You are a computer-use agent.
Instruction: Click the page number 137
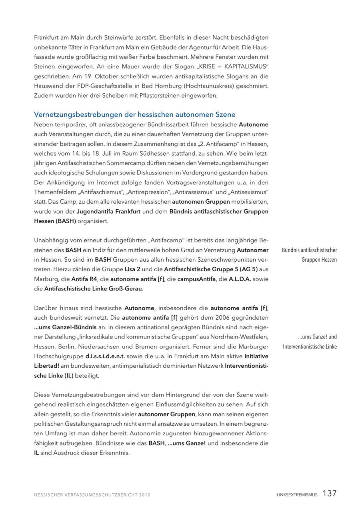click(x=330, y=493)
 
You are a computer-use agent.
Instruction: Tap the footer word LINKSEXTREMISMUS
click(x=297, y=495)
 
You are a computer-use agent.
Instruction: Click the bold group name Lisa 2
click(x=132, y=269)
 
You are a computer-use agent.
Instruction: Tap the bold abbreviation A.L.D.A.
click(x=240, y=279)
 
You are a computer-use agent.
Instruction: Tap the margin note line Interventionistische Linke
click(x=310, y=347)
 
